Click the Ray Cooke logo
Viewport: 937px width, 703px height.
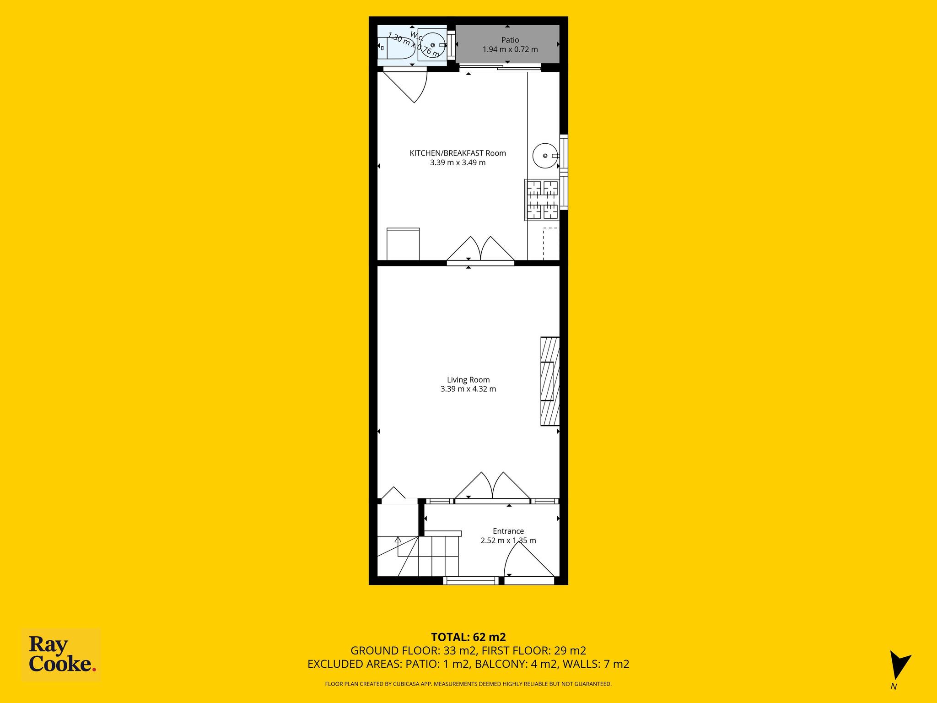(x=61, y=655)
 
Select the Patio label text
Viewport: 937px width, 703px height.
(x=510, y=40)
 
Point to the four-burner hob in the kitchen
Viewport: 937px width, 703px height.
(x=542, y=200)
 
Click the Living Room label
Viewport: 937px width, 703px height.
(x=468, y=379)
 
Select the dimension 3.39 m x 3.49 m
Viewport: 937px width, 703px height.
(x=458, y=162)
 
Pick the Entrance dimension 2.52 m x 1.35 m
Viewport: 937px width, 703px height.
(x=508, y=541)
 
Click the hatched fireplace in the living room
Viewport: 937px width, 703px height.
(x=550, y=381)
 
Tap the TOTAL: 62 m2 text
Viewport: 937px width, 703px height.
(x=468, y=637)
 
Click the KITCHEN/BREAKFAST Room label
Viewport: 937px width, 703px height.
(x=458, y=153)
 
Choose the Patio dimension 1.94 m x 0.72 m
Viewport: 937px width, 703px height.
(x=510, y=49)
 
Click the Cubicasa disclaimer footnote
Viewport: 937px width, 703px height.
(x=468, y=684)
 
